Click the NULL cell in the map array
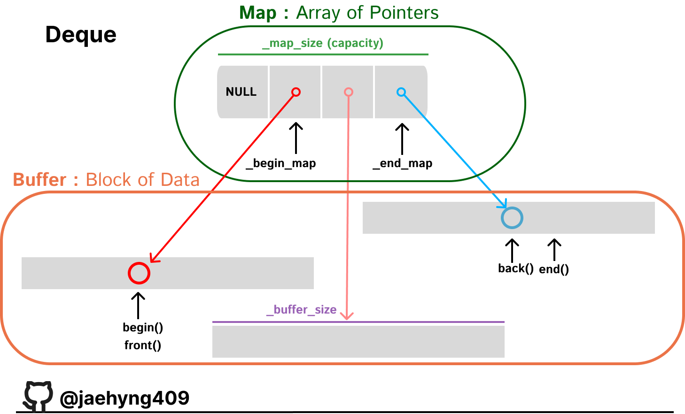[x=242, y=92]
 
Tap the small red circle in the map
[x=296, y=88]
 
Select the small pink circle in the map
[x=348, y=88]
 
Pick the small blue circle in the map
[x=401, y=88]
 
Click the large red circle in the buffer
[x=139, y=263]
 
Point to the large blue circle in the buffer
[x=512, y=208]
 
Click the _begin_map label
[x=281, y=163]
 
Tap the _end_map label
[x=403, y=163]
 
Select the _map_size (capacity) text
[x=323, y=43]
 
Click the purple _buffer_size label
[x=301, y=310]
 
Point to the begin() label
[x=143, y=328]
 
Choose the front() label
[x=143, y=345]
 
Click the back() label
[x=516, y=268]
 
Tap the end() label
[x=554, y=269]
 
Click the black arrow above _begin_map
[x=296, y=138]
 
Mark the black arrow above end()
[x=554, y=250]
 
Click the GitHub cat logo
[x=38, y=396]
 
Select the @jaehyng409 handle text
[x=125, y=398]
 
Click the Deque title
[x=81, y=35]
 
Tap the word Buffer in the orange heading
[x=39, y=179]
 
